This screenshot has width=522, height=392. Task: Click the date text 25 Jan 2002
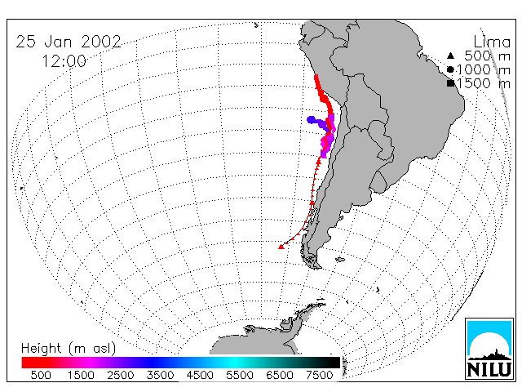(x=69, y=42)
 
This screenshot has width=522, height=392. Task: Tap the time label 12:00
(x=64, y=61)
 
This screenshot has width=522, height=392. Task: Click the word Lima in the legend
(x=492, y=42)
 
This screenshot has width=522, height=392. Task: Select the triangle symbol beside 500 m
(x=450, y=56)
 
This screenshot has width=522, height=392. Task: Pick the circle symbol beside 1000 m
(x=450, y=69)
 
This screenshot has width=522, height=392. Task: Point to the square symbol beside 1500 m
(x=450, y=83)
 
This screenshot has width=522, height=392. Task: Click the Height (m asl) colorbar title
(x=69, y=349)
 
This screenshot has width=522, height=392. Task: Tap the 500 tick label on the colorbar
(x=41, y=375)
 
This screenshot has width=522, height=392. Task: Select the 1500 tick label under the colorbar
(x=81, y=375)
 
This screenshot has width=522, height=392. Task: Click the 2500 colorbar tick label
(x=121, y=375)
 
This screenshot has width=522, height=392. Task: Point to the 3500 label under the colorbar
(x=160, y=375)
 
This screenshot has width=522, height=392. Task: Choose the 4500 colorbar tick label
(x=200, y=375)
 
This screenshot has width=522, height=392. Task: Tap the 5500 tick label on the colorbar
(x=240, y=375)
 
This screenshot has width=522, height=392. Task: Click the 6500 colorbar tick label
(x=280, y=375)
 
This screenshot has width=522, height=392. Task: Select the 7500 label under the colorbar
(x=319, y=375)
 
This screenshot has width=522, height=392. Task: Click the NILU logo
(x=489, y=349)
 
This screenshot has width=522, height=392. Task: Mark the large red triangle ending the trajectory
(x=281, y=247)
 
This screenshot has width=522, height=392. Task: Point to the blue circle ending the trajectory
(x=312, y=120)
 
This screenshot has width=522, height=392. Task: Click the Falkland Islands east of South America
(x=340, y=260)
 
